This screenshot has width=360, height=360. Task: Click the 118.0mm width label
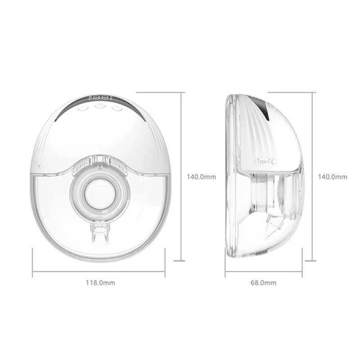[x=100, y=283]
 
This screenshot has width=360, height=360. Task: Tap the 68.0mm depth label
[x=263, y=283]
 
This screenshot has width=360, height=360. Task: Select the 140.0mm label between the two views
[x=201, y=177]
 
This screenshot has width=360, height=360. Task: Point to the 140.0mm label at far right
[x=333, y=177]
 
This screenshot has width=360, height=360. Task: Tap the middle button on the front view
[x=100, y=106]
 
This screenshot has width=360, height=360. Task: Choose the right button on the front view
[x=117, y=108]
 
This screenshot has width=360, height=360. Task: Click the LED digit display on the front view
[x=100, y=98]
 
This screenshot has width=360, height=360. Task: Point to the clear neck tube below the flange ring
[x=100, y=237]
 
